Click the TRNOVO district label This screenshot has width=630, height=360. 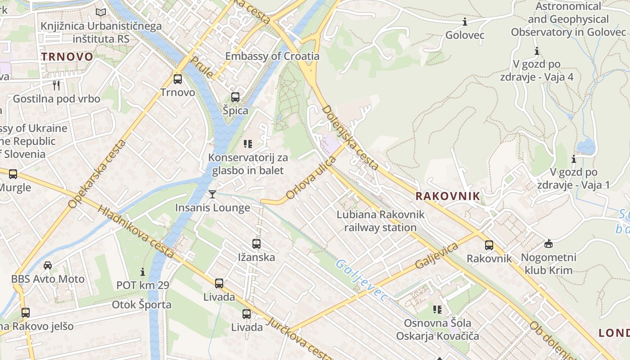[67, 57]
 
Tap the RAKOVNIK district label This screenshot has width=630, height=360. [448, 196]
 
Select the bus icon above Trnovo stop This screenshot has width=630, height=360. [178, 79]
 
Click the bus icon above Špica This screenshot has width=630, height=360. [235, 97]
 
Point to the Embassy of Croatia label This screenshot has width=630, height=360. [272, 56]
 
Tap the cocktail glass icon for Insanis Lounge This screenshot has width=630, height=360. [212, 194]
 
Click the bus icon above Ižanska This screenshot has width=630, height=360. [256, 244]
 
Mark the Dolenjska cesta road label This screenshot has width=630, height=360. [350, 137]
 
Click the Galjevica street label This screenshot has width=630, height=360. [436, 256]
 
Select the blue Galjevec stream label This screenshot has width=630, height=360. [361, 280]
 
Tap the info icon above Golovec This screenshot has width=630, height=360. [465, 22]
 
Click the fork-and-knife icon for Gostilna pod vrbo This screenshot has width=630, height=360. [56, 85]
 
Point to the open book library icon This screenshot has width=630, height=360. [101, 13]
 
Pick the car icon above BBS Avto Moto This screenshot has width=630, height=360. [48, 265]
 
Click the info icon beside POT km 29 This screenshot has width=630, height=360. [143, 272]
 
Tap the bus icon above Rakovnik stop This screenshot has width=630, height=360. [489, 245]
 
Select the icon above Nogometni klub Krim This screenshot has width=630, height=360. [548, 244]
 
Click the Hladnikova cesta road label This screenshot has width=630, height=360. [135, 232]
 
